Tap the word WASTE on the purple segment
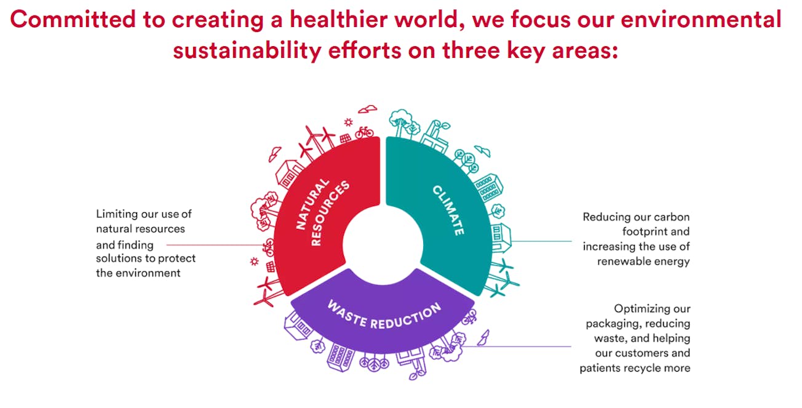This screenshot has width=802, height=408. [347, 311]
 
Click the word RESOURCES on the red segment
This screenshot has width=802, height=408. [330, 213]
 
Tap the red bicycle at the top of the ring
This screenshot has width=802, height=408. [364, 132]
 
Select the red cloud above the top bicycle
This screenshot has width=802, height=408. [368, 109]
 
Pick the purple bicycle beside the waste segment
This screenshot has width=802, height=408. [469, 318]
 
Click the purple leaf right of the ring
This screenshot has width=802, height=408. [485, 336]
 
